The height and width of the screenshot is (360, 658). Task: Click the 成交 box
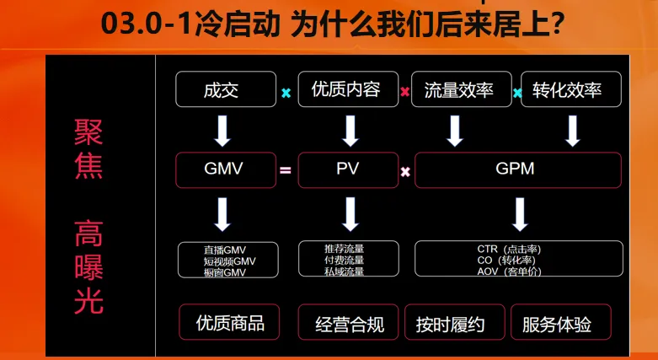[226, 89]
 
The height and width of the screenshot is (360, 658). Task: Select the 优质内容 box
[348, 89]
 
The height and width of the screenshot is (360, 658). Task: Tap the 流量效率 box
[461, 89]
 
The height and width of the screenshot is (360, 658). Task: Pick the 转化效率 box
[571, 89]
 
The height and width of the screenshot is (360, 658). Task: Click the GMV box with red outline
[226, 169]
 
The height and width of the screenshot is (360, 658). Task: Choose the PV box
[348, 169]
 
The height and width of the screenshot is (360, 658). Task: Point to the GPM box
[518, 169]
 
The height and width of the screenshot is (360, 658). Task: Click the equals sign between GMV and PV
[286, 170]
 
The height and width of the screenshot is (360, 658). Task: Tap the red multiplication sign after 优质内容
[405, 92]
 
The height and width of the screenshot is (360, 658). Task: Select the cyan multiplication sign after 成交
[286, 93]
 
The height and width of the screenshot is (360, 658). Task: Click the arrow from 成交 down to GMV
[222, 131]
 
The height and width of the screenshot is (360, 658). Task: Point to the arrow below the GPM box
[520, 214]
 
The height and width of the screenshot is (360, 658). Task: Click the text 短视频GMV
[229, 261]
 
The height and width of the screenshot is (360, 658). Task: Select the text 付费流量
[344, 261]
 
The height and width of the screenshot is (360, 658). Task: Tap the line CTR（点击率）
[509, 250]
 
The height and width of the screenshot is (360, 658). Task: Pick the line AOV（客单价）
[509, 271]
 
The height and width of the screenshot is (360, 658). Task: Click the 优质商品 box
[229, 322]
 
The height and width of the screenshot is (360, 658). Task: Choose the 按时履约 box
[454, 322]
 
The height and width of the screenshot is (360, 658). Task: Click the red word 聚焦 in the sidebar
[88, 148]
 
